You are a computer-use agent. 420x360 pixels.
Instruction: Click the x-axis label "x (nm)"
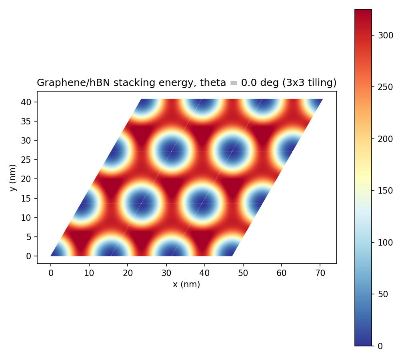[x=186, y=284]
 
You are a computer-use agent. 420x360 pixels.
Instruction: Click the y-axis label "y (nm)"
[x=13, y=178]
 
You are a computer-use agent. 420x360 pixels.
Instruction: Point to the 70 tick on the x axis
[x=320, y=273]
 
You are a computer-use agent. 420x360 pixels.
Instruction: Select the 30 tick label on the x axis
[x=166, y=273]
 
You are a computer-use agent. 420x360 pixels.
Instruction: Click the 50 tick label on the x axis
[x=243, y=273]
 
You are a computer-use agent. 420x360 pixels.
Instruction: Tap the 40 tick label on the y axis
[x=26, y=102]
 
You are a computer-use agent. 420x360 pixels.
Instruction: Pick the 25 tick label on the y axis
[x=26, y=160]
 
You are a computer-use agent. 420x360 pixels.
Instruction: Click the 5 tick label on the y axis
[x=29, y=237]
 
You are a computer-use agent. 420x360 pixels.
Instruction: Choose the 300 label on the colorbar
[x=386, y=35]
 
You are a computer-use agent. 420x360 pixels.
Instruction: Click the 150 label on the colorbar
[x=386, y=191]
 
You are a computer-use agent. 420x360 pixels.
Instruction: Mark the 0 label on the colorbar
[x=380, y=346]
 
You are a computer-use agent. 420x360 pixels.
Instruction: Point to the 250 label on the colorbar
[x=386, y=87]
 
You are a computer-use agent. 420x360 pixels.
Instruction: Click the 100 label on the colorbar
[x=386, y=243]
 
